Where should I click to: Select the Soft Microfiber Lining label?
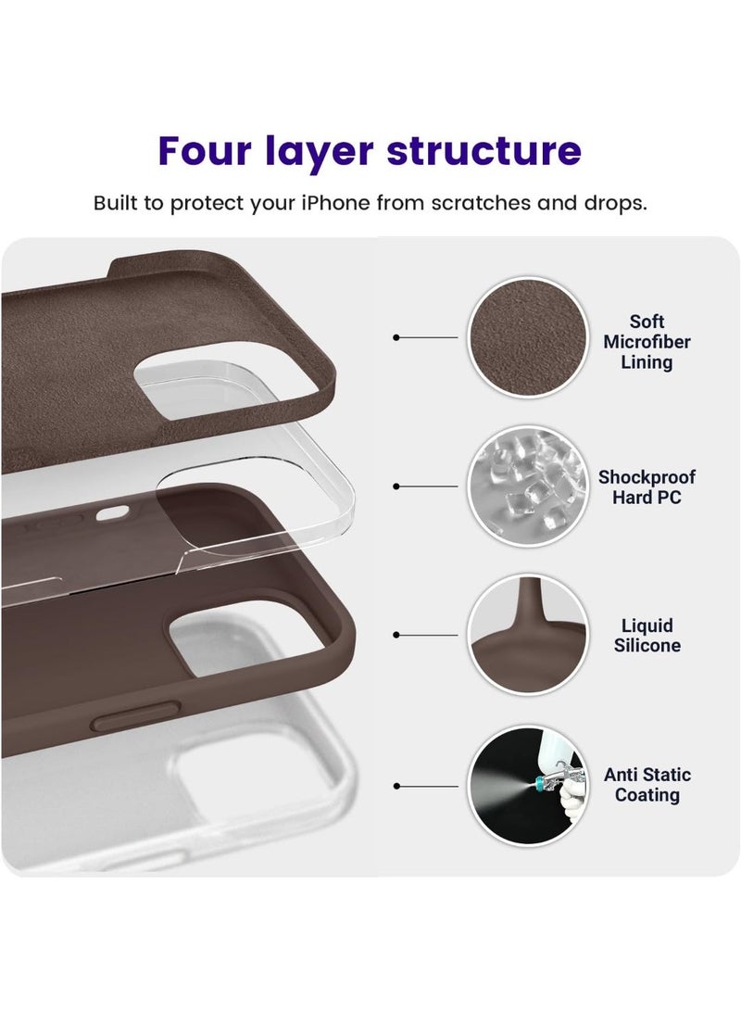coord(647,342)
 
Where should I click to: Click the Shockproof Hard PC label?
coord(647,487)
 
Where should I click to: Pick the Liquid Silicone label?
coord(647,636)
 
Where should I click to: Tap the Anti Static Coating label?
coord(647,785)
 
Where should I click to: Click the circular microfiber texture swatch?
coord(527,337)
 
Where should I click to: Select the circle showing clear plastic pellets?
coord(527,486)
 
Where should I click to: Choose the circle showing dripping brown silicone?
coord(527,635)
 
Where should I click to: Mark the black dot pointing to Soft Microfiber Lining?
coord(396,337)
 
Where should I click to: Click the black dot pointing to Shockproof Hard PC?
coord(396,486)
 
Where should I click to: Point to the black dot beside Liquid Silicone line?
coord(396,636)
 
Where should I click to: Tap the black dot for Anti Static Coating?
coord(396,786)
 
